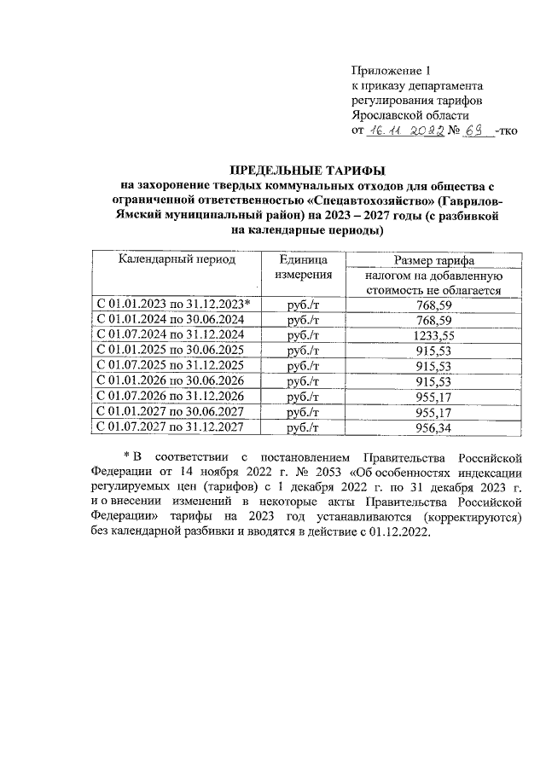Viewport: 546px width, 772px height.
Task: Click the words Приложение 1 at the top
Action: pyautogui.click(x=387, y=71)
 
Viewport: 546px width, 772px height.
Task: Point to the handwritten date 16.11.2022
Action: pyautogui.click(x=401, y=131)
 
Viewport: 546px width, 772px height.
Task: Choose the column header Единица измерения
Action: pyautogui.click(x=303, y=268)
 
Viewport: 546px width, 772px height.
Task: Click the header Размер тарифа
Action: pyautogui.click(x=433, y=260)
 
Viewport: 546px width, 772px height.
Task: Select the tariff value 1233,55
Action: pyautogui.click(x=435, y=334)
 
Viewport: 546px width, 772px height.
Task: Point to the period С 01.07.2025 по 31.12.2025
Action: pyautogui.click(x=171, y=365)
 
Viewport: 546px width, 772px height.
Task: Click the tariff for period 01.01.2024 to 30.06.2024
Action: pyautogui.click(x=435, y=319)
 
